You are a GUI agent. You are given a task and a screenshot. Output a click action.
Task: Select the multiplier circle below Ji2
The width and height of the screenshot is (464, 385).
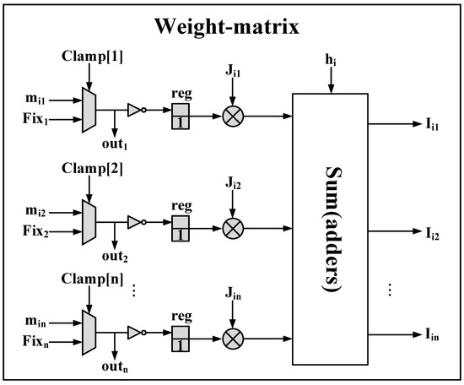[x=233, y=227]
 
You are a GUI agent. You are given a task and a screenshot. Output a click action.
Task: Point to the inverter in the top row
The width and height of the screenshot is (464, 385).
[x=136, y=109]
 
